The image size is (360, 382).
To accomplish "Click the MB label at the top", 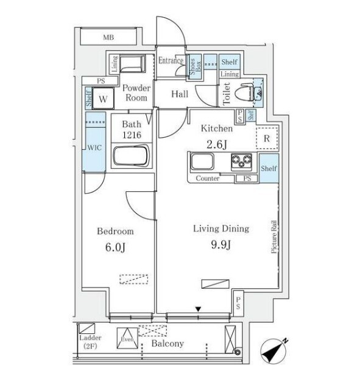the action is [108, 38].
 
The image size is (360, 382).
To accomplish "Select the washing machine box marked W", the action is [103, 98].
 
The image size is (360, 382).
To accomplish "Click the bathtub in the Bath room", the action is [131, 155].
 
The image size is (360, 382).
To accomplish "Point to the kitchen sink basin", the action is [202, 161].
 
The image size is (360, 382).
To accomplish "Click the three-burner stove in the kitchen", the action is [241, 161].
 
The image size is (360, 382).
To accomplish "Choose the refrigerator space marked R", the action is [267, 138].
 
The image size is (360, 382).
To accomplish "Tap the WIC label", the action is [94, 147].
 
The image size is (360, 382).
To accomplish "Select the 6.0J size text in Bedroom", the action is [115, 247].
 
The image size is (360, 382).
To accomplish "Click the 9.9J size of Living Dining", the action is [221, 244].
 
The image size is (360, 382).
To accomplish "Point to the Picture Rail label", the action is [274, 237].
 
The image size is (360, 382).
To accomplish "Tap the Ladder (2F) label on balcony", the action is [90, 342].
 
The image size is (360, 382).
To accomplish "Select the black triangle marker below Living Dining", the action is [198, 309].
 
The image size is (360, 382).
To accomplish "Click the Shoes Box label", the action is [196, 66].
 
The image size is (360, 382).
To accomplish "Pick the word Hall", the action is [180, 94].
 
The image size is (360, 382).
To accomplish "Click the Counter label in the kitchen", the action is [207, 179].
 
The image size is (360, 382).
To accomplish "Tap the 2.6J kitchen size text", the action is [217, 144].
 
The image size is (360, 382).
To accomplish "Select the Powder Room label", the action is [136, 93].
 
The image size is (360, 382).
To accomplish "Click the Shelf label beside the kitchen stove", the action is [269, 168].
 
